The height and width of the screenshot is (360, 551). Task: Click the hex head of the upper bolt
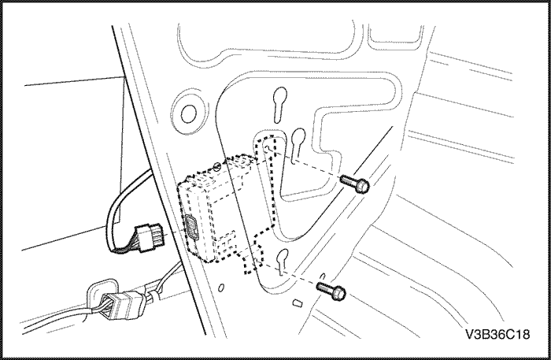tap(362, 185)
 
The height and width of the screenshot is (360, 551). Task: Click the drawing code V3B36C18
tap(497, 334)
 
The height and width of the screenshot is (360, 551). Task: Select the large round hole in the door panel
tap(189, 113)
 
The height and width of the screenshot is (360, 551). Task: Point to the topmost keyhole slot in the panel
tap(279, 105)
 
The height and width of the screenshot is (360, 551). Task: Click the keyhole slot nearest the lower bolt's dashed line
tap(282, 262)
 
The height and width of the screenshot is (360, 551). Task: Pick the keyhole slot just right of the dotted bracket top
tap(298, 141)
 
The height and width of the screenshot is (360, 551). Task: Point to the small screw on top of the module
tap(217, 165)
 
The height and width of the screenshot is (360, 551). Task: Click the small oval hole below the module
tap(221, 288)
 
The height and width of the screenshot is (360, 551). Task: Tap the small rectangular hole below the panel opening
tap(298, 302)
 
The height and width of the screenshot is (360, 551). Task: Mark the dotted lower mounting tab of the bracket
tap(253, 258)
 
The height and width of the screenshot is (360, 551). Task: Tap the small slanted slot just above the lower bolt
tap(323, 276)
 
